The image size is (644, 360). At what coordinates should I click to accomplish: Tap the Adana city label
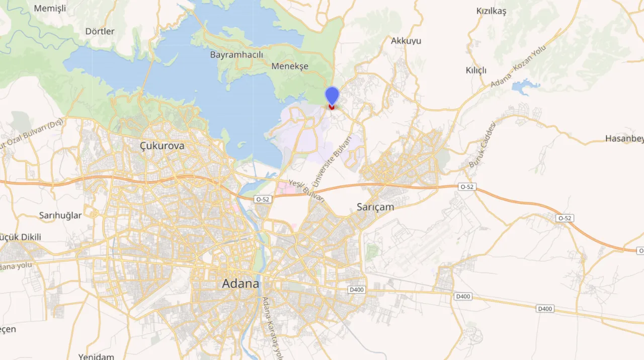[240, 283]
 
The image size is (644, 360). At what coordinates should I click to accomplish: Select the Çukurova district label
[162, 146]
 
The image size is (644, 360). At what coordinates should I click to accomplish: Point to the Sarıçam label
[375, 206]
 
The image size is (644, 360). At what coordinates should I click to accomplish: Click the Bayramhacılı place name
[236, 54]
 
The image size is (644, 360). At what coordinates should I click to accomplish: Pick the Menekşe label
[290, 66]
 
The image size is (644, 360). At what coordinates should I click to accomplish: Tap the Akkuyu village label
[406, 41]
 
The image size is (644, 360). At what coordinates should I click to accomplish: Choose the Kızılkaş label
[491, 11]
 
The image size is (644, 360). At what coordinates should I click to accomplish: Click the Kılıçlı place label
[476, 70]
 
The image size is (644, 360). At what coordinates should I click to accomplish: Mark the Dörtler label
[100, 31]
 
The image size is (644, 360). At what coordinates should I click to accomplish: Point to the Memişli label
[50, 8]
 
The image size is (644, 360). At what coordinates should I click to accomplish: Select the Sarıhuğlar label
[60, 215]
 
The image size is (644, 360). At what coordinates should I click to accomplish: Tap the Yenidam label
[96, 356]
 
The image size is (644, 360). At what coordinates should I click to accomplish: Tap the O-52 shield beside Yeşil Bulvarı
[263, 199]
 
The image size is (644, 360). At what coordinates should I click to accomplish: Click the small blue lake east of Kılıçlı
[525, 87]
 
